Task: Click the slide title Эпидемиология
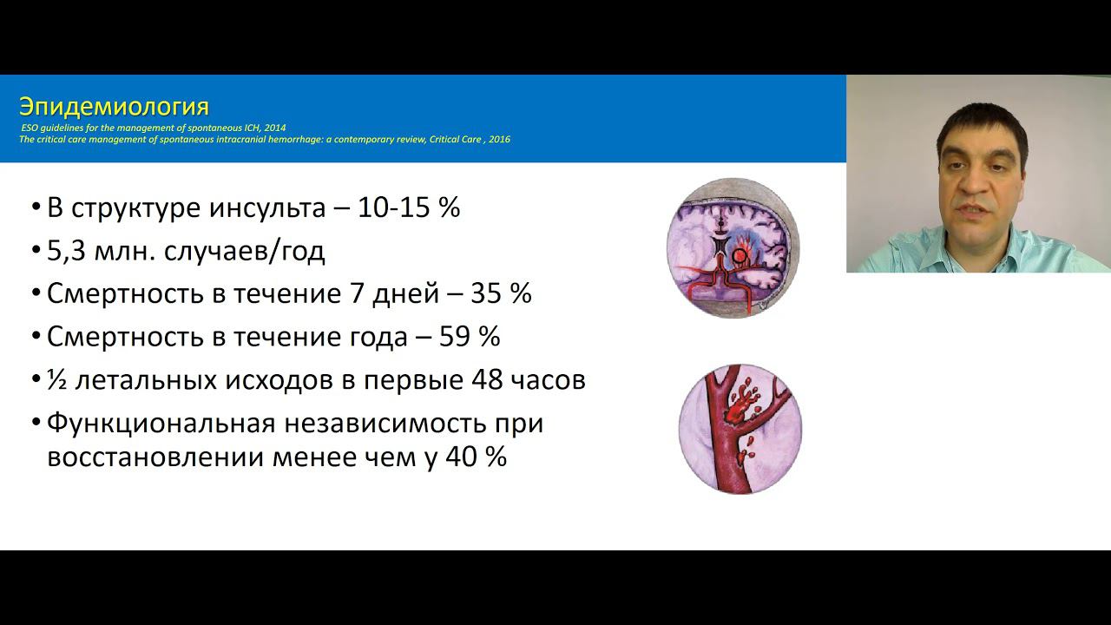tap(114, 107)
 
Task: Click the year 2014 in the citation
tap(274, 128)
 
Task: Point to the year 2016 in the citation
tap(499, 139)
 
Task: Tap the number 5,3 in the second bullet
tap(66, 251)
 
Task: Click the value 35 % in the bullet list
tap(501, 293)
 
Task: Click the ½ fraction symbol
tap(56, 380)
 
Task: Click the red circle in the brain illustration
tap(740, 256)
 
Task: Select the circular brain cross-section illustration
tap(733, 247)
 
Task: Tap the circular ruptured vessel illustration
tap(740, 429)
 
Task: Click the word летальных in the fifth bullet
tap(140, 380)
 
